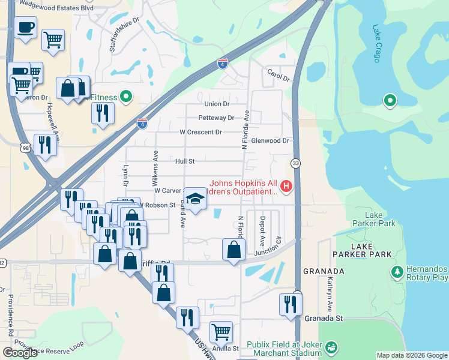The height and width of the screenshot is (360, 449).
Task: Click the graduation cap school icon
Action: pyautogui.click(x=194, y=198)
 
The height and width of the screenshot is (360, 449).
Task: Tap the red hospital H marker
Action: pyautogui.click(x=286, y=187)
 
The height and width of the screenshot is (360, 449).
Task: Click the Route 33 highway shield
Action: pyautogui.click(x=296, y=163)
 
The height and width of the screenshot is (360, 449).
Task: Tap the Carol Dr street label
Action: pyautogui.click(x=278, y=79)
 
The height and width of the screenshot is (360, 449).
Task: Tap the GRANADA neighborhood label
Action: pyautogui.click(x=323, y=271)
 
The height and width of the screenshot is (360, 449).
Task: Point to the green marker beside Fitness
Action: pyautogui.click(x=126, y=96)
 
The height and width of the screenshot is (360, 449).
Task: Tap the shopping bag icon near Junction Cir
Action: pyautogui.click(x=234, y=249)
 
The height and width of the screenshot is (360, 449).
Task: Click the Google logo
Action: pyautogui.click(x=20, y=352)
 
